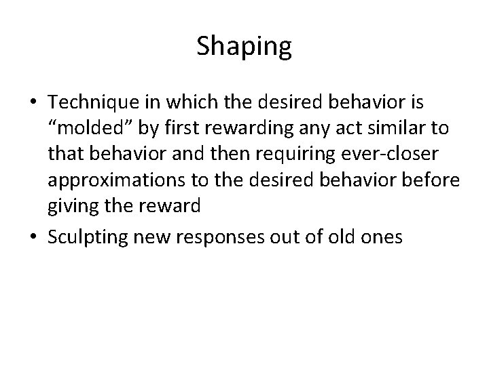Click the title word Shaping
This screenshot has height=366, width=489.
pyautogui.click(x=244, y=47)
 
